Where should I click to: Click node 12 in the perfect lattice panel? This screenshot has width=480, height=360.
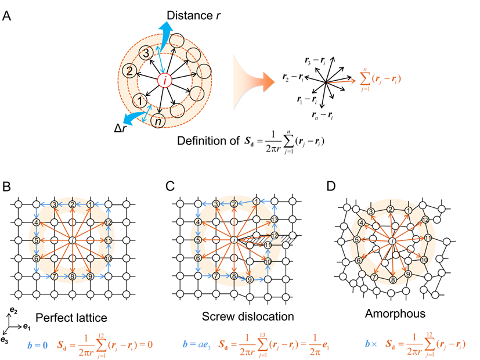108,223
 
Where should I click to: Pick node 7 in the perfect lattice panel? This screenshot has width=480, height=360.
54,276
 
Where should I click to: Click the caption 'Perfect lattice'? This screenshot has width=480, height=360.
71,318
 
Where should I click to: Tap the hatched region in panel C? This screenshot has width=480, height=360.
273,239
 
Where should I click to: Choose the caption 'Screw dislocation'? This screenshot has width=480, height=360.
248,317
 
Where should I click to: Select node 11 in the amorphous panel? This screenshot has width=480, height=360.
428,237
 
